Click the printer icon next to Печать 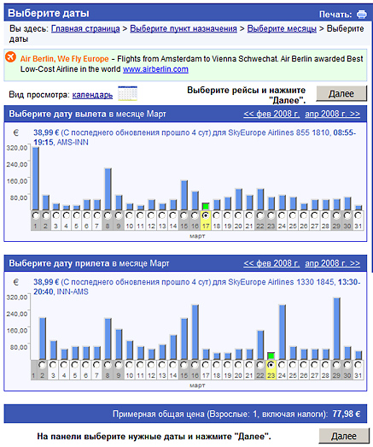[x=362, y=14]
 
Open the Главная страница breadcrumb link [x=85, y=29]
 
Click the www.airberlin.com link [x=155, y=69]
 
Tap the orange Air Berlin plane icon [x=10, y=56]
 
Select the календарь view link [x=92, y=95]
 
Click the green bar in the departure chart [x=206, y=206]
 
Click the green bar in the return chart [x=271, y=356]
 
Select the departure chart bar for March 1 [x=36, y=179]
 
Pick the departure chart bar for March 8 [x=108, y=189]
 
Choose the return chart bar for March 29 [x=336, y=328]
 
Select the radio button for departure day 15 [x=184, y=215]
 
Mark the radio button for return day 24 [x=282, y=365]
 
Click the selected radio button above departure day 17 [x=206, y=215]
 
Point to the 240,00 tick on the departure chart [x=17, y=164]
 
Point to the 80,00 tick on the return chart [x=19, y=347]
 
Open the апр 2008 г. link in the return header [x=332, y=263]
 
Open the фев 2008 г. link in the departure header [x=271, y=114]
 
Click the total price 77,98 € [x=347, y=414]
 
